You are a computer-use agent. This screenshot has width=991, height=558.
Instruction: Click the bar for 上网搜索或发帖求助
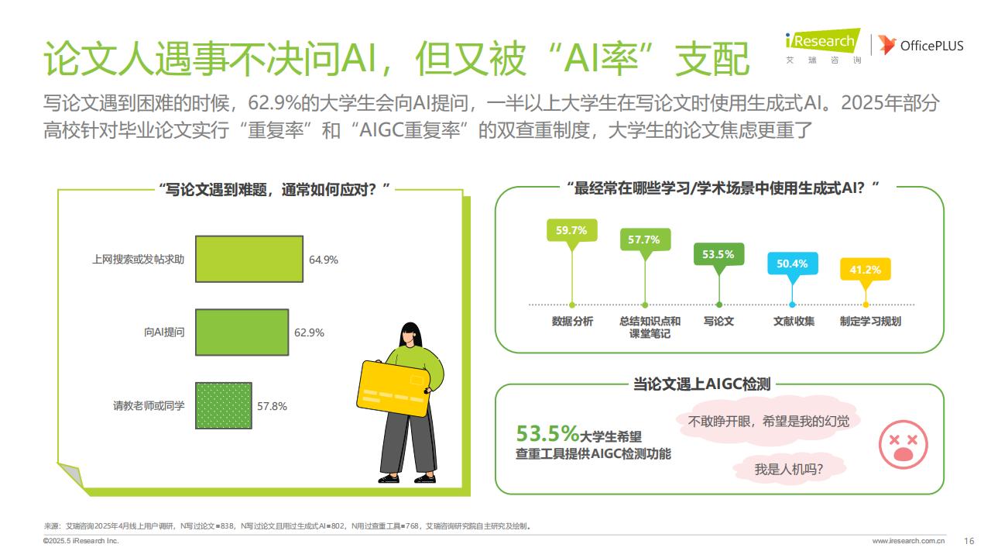pos(249,259)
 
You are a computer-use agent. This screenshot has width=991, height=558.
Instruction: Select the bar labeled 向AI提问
pos(242,332)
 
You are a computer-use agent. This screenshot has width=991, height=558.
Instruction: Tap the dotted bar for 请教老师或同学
pos(224,405)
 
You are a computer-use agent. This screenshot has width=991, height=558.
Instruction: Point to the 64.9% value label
pos(324,260)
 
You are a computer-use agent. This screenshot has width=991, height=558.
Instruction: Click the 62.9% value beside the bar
pos(309,332)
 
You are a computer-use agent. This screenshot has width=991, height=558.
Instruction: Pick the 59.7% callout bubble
pos(571,231)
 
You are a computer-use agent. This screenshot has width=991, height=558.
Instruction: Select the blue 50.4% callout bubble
pos(792,264)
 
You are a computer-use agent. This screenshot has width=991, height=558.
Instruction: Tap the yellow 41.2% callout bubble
pos(866,270)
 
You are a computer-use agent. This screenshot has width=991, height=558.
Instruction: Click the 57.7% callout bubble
pos(645,240)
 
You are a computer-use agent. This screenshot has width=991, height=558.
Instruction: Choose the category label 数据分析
pos(572,321)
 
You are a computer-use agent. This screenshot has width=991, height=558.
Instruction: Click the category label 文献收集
pos(794,321)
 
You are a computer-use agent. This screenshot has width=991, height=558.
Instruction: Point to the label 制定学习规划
pos(870,321)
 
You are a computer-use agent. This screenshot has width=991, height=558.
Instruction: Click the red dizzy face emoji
pos(903,444)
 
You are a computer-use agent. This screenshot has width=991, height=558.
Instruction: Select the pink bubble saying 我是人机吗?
pos(789,469)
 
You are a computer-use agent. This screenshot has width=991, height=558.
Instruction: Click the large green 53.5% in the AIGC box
pos(547,433)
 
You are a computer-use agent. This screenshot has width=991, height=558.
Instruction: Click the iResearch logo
pos(823,46)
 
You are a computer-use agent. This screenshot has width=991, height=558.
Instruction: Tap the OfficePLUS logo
pos(921,45)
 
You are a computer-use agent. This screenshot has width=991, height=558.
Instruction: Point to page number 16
pos(969,541)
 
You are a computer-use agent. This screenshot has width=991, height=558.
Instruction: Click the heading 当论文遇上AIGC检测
pos(701,384)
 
